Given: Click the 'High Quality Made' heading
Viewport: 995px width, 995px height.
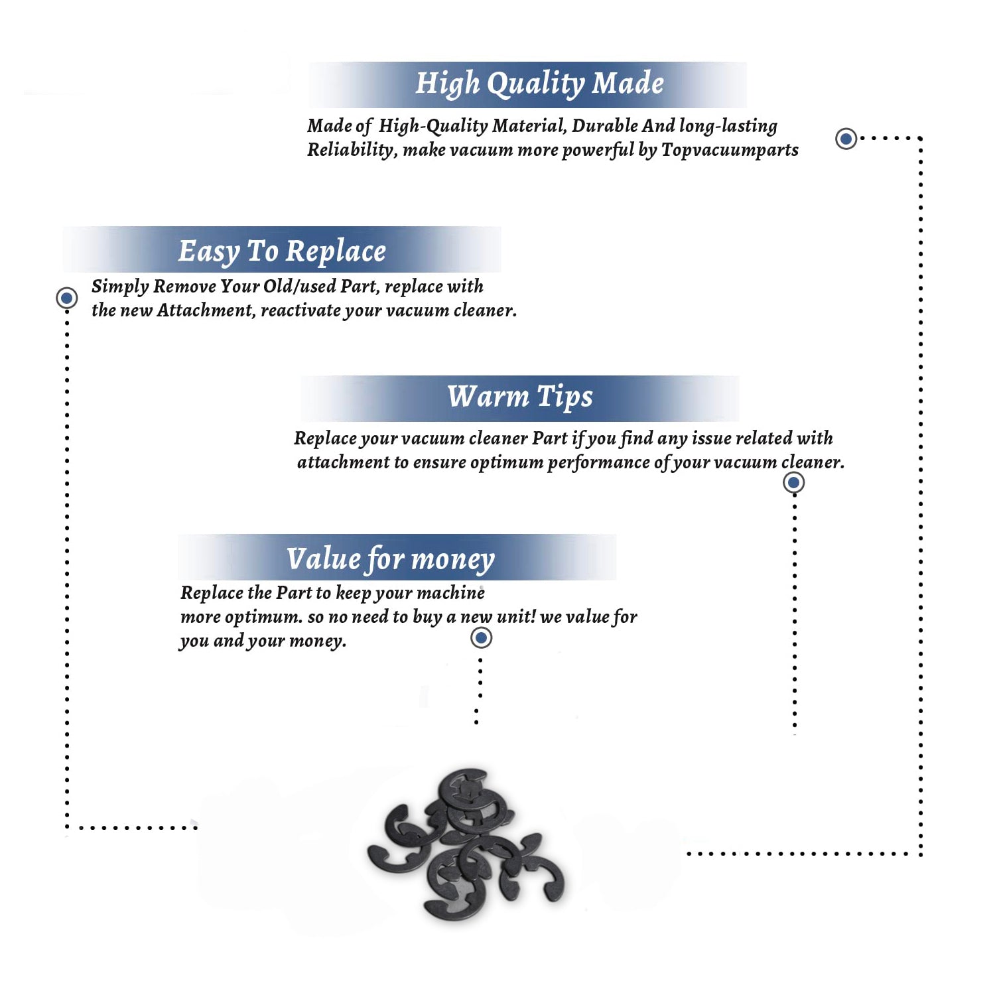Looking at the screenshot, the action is (x=539, y=84).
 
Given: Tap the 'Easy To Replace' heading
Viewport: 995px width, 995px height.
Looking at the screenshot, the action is (x=282, y=251).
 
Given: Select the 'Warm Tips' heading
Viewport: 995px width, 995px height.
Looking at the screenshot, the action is (x=519, y=397).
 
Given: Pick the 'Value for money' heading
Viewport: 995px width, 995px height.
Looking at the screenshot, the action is (x=390, y=559).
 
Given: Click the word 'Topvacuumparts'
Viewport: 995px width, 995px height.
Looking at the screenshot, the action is (x=730, y=150).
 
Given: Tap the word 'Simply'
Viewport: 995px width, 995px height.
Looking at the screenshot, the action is (x=120, y=287).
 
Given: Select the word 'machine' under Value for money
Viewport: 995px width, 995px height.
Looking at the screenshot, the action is (x=451, y=592).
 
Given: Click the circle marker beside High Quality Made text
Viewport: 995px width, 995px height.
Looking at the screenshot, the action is (x=846, y=139).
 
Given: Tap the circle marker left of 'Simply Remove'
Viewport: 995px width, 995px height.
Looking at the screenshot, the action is (x=66, y=298).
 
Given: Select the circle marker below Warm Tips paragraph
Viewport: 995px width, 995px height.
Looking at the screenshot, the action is (x=793, y=482).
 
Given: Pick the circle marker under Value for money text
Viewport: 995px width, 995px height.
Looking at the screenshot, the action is (x=481, y=638).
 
